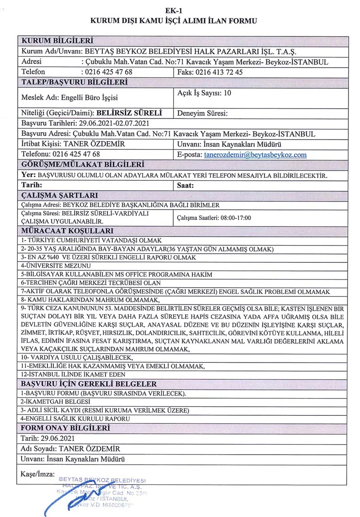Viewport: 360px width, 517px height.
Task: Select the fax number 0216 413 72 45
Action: [x=219, y=72]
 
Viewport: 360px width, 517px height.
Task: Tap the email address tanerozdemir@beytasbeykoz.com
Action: [x=255, y=154]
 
